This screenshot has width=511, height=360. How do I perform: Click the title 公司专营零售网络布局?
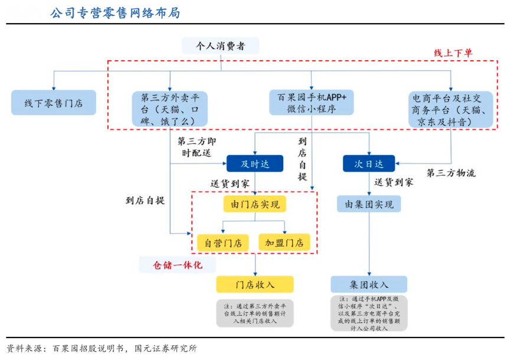click(115, 13)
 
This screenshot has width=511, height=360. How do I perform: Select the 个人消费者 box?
click(221, 45)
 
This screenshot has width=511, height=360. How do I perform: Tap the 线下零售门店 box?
click(53, 103)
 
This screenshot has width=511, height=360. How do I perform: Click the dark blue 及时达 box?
click(255, 163)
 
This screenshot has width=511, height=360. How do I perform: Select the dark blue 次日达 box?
click(369, 163)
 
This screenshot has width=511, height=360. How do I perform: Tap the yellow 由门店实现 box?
click(255, 204)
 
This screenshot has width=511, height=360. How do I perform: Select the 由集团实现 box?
click(369, 204)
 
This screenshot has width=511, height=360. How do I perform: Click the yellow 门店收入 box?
click(255, 284)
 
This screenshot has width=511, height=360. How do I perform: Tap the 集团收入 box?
click(369, 284)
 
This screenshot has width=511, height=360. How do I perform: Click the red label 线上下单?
click(453, 53)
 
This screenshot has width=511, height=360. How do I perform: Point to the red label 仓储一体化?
click(178, 265)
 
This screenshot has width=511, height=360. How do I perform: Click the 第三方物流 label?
click(451, 173)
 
